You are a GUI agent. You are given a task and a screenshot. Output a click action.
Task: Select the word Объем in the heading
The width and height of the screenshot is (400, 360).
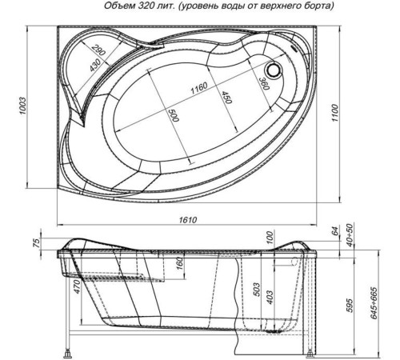click(x=118, y=8)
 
